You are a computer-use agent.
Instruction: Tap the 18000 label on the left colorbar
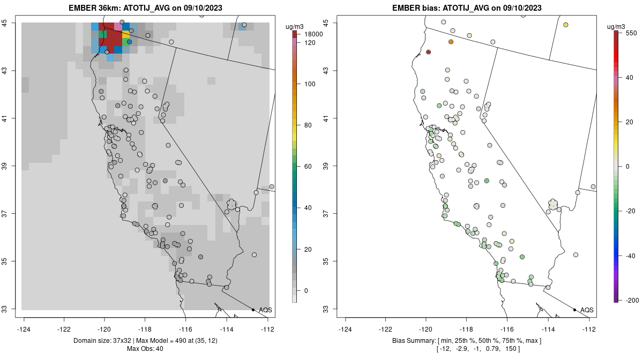pyautogui.click(x=314, y=34)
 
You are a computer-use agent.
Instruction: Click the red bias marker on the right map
pyautogui.click(x=428, y=52)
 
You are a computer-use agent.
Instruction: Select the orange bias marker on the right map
pyautogui.click(x=451, y=42)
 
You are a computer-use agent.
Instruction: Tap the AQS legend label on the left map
pyautogui.click(x=265, y=310)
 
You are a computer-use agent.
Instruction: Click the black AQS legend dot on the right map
pyautogui.click(x=574, y=310)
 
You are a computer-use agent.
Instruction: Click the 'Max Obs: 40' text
pyautogui.click(x=145, y=349)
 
